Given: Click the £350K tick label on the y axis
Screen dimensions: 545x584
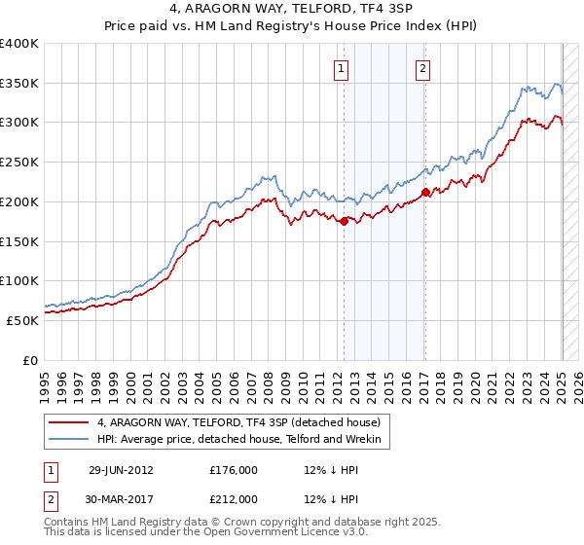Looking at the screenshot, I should click(19, 84).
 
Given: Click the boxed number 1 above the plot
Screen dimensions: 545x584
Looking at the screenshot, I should click(343, 68).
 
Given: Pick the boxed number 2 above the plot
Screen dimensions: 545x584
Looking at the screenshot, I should click(424, 68).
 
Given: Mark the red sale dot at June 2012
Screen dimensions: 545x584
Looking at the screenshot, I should click(344, 222).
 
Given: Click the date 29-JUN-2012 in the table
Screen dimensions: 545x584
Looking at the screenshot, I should click(121, 469).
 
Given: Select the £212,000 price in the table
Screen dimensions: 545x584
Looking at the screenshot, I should click(234, 499).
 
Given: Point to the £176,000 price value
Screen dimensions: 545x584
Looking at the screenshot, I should click(234, 469).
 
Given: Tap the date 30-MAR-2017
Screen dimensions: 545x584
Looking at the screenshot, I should click(121, 499).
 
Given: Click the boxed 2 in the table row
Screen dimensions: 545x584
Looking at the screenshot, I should click(48, 499).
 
